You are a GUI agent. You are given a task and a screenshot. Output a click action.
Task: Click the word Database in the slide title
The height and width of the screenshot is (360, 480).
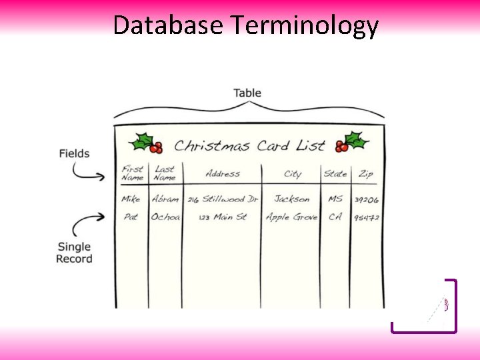tap(169, 25)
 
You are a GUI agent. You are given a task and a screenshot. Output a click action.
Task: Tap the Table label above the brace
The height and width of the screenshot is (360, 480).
tap(247, 93)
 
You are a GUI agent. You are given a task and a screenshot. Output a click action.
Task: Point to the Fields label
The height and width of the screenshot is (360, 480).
tap(74, 153)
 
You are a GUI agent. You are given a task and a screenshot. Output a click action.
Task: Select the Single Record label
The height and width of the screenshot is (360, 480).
tap(74, 253)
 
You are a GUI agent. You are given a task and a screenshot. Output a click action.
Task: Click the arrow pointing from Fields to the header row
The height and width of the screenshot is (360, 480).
tap(88, 172)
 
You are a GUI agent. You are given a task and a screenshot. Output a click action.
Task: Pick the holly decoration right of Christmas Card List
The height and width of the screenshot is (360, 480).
tap(351, 141)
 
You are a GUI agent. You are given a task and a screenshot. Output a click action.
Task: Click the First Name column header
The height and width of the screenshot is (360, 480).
tap(132, 173)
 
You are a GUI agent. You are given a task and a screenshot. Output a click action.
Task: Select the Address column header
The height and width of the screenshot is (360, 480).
tap(223, 174)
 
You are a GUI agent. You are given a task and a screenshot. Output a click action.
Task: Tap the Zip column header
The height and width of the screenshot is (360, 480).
tap(366, 174)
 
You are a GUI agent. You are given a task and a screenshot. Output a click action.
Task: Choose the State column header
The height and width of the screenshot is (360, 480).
tap(335, 174)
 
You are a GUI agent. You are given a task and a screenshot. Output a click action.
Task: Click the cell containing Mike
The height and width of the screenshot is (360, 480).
tap(131, 199)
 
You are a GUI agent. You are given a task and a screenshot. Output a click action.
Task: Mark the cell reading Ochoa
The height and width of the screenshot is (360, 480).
tap(165, 217)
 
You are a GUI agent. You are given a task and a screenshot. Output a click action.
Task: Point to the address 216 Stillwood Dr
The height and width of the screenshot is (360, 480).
tap(222, 199)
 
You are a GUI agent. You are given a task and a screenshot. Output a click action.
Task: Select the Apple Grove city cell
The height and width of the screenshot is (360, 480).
tap(291, 217)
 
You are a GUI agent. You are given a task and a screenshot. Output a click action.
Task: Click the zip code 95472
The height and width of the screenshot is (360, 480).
tap(367, 218)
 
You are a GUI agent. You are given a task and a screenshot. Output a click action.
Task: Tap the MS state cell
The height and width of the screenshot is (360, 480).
tap(335, 199)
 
